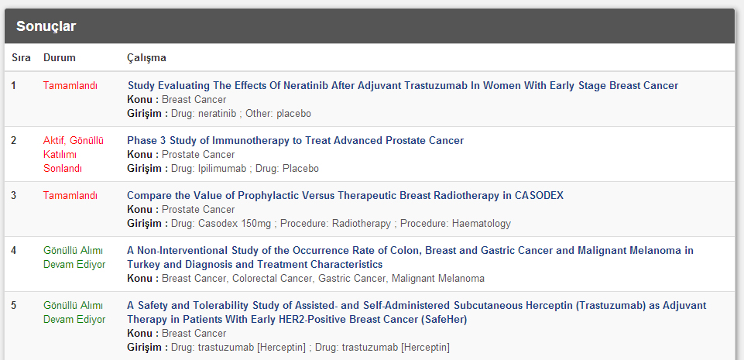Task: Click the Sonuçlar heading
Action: click(46, 26)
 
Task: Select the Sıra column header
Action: click(22, 58)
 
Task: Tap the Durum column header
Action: click(60, 58)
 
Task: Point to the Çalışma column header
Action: click(146, 58)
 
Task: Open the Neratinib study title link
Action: click(403, 86)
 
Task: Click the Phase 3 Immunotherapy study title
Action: click(296, 140)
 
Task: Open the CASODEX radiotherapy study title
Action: click(345, 195)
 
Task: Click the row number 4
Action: click(13, 250)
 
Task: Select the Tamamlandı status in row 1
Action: click(70, 86)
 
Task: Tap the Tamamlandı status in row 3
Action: click(70, 195)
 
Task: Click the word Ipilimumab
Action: click(222, 168)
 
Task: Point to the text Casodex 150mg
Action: click(235, 224)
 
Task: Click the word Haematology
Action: click(481, 224)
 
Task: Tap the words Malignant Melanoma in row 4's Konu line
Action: click(438, 279)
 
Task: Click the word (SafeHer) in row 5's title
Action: click(444, 320)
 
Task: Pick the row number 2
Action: click(13, 140)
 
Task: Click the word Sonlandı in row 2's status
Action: click(63, 168)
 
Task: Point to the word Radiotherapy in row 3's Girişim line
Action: click(362, 224)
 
